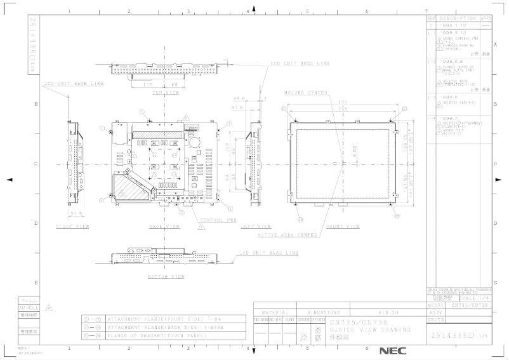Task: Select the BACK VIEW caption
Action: [x=165, y=226]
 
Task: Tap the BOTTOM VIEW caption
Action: [x=166, y=277]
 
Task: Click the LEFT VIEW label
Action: [x=256, y=226]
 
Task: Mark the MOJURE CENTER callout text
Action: [x=305, y=93]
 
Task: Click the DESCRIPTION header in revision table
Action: [x=457, y=19]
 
